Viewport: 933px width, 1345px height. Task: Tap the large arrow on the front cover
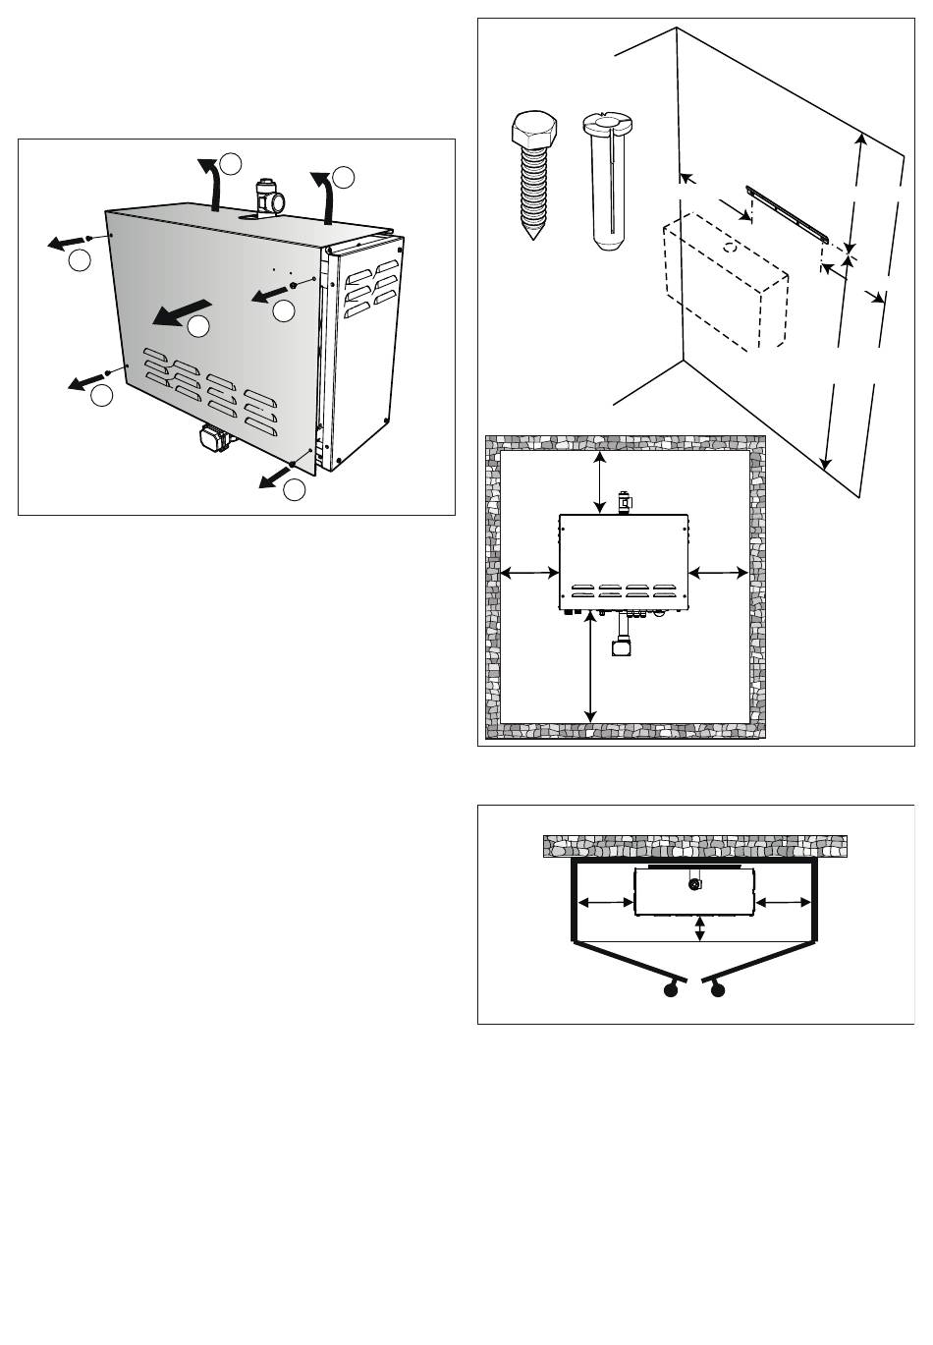[181, 311]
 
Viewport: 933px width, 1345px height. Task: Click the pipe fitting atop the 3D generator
[267, 197]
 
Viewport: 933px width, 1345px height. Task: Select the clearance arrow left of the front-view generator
[529, 572]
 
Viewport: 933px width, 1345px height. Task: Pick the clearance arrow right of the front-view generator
[718, 572]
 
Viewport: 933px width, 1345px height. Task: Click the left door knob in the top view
[672, 990]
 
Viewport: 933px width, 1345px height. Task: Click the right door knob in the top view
[719, 990]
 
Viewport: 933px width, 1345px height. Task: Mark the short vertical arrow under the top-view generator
[699, 929]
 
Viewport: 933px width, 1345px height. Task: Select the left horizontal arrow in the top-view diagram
[605, 902]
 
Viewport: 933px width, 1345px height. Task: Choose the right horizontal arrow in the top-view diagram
[786, 902]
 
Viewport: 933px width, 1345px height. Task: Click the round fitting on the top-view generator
[694, 883]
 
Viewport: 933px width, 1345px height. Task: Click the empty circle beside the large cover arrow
[198, 327]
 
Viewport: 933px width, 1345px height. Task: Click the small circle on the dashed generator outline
[730, 248]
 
